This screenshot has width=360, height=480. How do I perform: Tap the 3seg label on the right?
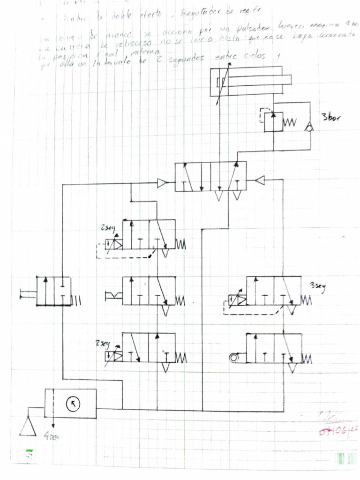[317, 285]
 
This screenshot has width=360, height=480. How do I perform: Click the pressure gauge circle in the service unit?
[73, 403]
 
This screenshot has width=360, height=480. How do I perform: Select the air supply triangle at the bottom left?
[28, 426]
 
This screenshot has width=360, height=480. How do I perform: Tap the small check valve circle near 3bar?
[309, 126]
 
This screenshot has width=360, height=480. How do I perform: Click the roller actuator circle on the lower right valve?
[234, 358]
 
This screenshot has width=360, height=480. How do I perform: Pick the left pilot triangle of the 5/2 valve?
[162, 183]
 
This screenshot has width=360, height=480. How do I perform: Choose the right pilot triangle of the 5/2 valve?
[261, 180]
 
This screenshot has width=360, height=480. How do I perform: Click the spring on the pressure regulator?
[291, 122]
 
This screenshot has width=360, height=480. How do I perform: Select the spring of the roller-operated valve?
[307, 360]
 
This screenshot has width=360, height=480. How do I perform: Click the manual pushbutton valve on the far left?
[53, 291]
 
